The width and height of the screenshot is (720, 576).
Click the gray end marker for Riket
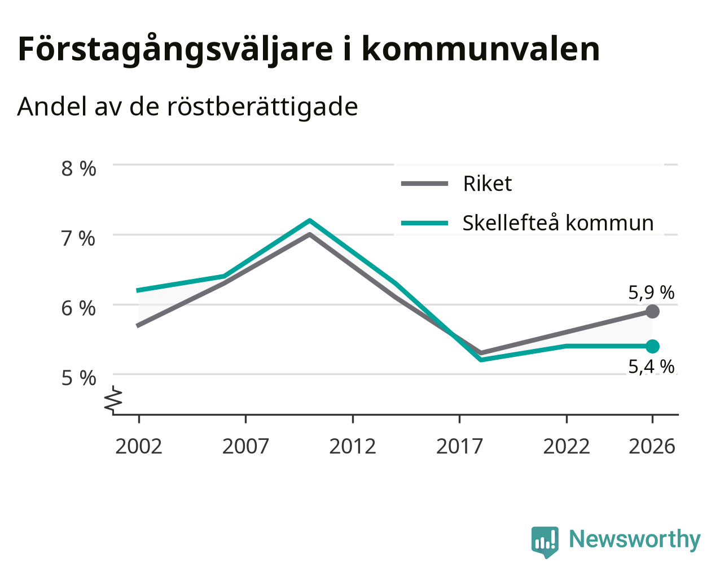pyautogui.click(x=652, y=312)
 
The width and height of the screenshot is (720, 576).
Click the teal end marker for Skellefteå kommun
pyautogui.click(x=652, y=346)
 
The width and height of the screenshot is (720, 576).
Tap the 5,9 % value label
pyautogui.click(x=651, y=293)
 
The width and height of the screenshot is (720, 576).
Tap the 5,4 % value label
pyautogui.click(x=651, y=366)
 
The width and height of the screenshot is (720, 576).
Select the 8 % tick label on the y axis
pyautogui.click(x=78, y=168)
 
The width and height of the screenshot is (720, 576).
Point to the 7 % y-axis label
pyautogui.click(x=78, y=238)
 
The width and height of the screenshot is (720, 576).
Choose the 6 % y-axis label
pyautogui.click(x=78, y=308)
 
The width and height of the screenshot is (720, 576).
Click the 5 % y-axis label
pyautogui.click(x=78, y=378)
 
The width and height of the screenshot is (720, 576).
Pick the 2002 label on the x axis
pyautogui.click(x=138, y=446)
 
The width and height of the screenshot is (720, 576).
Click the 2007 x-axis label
pyautogui.click(x=245, y=446)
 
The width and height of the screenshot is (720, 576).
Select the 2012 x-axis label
pyautogui.click(x=353, y=446)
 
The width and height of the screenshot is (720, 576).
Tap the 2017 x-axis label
pyautogui.click(x=459, y=446)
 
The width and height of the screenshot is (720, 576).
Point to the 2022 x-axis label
pyautogui.click(x=567, y=446)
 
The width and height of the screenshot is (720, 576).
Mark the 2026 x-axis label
pyautogui.click(x=652, y=446)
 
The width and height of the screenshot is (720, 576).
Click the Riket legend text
pyautogui.click(x=488, y=184)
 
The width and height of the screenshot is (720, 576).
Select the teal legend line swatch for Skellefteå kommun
pyautogui.click(x=424, y=223)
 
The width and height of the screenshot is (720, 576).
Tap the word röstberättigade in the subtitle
pyautogui.click(x=262, y=107)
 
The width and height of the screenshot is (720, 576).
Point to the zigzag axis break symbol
pyautogui.click(x=113, y=399)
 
